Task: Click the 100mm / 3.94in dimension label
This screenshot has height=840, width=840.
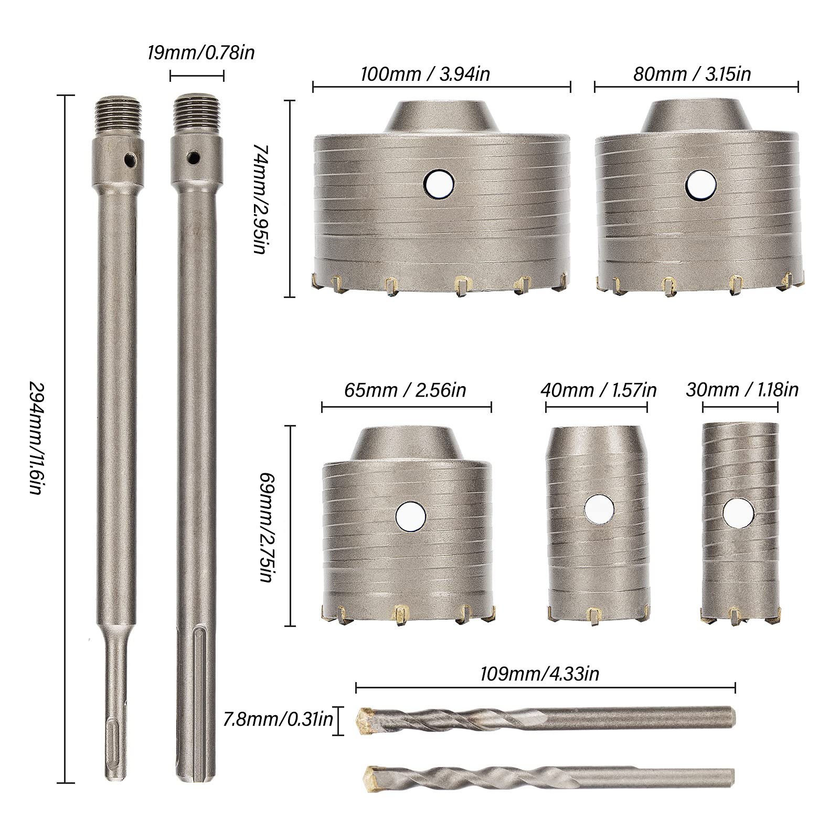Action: click(x=425, y=73)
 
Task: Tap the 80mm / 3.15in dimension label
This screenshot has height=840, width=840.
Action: click(x=692, y=73)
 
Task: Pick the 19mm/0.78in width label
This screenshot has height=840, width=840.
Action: click(x=201, y=52)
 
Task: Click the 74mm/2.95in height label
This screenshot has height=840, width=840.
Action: click(x=262, y=199)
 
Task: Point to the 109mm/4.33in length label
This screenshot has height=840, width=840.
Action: click(x=539, y=674)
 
